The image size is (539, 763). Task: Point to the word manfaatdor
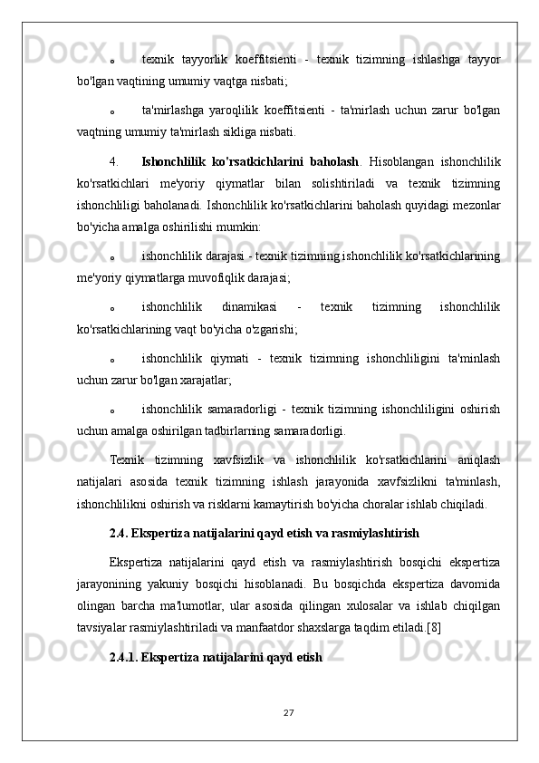tap(298, 625)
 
